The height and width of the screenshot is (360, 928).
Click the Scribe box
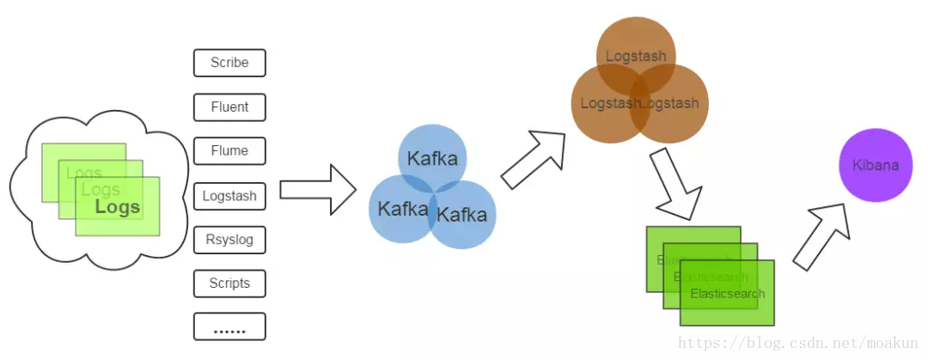click(229, 63)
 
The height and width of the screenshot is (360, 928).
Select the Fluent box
click(229, 107)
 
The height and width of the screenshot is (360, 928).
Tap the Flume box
click(229, 150)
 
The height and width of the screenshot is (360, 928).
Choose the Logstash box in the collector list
click(229, 195)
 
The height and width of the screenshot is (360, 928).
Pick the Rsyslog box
click(229, 239)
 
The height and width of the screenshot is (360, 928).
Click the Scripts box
click(229, 283)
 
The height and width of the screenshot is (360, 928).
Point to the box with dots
click(229, 326)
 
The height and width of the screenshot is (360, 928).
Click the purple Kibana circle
click(875, 165)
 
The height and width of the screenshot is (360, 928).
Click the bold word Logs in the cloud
click(118, 207)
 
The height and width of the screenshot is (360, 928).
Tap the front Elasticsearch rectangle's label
click(727, 294)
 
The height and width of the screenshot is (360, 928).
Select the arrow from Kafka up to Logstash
click(534, 158)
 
